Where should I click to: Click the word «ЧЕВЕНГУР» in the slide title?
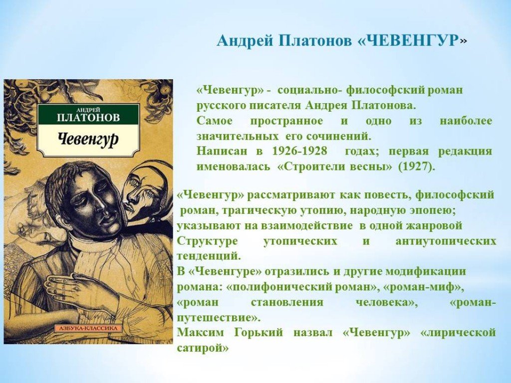tap(409, 41)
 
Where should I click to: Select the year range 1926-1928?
tap(299, 151)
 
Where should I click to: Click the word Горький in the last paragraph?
tap(258, 333)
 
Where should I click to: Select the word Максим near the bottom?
tap(201, 333)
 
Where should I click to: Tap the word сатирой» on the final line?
tap(203, 348)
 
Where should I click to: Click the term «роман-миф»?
tap(423, 287)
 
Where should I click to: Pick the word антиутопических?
tap(446, 241)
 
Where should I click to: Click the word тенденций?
tap(209, 256)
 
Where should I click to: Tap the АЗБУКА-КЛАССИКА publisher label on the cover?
tap(88, 328)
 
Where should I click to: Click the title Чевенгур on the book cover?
tap(88, 140)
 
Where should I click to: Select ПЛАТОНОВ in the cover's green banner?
tap(88, 118)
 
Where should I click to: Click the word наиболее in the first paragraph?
tap(466, 121)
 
